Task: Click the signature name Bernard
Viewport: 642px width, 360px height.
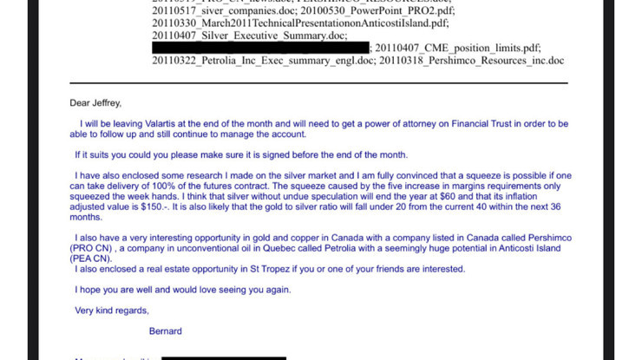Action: (165, 331)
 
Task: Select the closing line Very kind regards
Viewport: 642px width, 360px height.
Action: (112, 311)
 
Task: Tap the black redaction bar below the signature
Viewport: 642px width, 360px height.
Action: (223, 356)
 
